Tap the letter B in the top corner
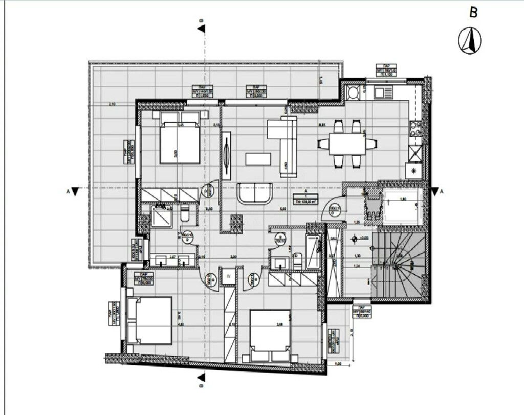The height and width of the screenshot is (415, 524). pos(473,13)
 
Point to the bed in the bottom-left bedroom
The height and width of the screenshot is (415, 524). pos(150,320)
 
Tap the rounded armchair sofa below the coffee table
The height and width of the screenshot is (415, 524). pos(256,193)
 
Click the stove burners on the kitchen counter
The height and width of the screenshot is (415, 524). pos(415,128)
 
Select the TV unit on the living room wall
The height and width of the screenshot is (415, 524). pos(226,156)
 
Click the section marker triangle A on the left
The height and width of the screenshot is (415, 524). pos(75,191)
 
